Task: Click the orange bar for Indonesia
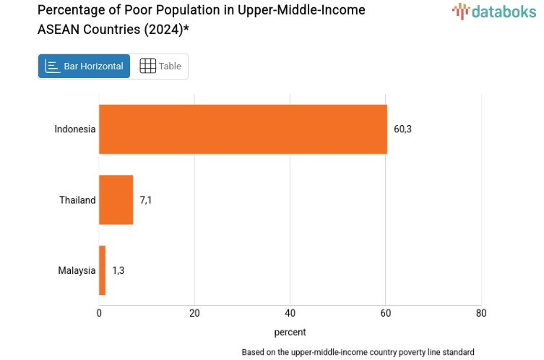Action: pyautogui.click(x=243, y=129)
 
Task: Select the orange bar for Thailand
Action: pyautogui.click(x=116, y=200)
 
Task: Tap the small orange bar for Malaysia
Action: pyautogui.click(x=102, y=270)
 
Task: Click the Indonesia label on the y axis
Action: pyautogui.click(x=74, y=129)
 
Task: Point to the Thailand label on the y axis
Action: pyautogui.click(x=77, y=200)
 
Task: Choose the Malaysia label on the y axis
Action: pyautogui.click(x=77, y=270)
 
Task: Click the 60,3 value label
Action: pyautogui.click(x=402, y=129)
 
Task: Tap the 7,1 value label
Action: pyautogui.click(x=146, y=200)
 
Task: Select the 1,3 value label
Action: pyautogui.click(x=118, y=270)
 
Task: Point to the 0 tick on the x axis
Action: pyautogui.click(x=99, y=313)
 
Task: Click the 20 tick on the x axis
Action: pyautogui.click(x=194, y=313)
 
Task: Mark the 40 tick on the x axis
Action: pyautogui.click(x=290, y=313)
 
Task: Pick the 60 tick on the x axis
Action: pyautogui.click(x=386, y=313)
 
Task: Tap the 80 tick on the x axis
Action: pyautogui.click(x=481, y=313)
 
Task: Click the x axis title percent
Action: pyautogui.click(x=290, y=332)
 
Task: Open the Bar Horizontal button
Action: pyautogui.click(x=85, y=67)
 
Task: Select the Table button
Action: pyautogui.click(x=160, y=67)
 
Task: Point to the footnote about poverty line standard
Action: pyautogui.click(x=358, y=352)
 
